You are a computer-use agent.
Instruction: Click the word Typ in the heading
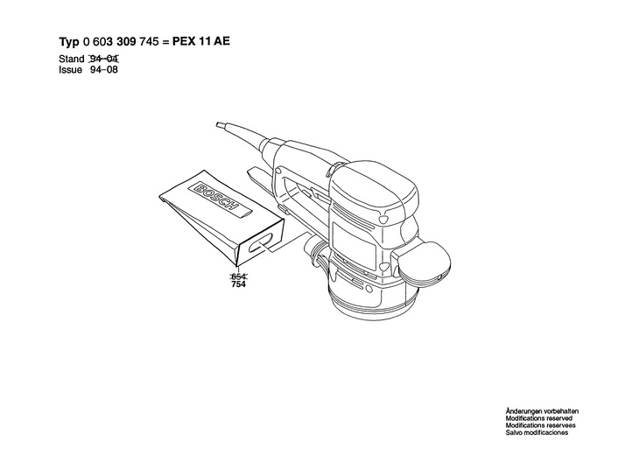coord(69,41)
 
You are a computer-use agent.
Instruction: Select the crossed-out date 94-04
coord(104,59)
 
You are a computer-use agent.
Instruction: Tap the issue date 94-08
coord(104,69)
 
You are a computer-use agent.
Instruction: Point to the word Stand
coord(72,59)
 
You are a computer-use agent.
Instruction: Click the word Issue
coord(72,69)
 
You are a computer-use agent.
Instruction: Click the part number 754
coord(237,284)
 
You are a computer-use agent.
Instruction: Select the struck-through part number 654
coord(237,276)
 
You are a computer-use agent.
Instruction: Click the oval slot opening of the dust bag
coord(262,248)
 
